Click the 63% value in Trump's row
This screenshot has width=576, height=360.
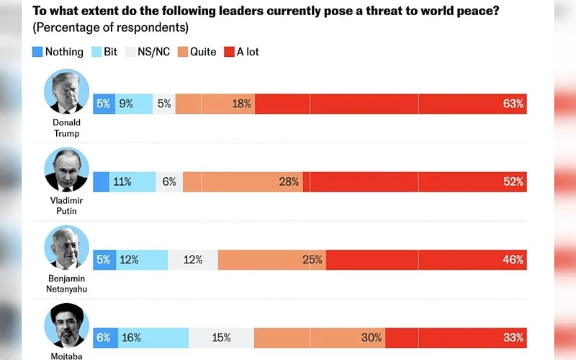tap(513, 104)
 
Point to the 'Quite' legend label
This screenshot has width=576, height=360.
tap(202, 52)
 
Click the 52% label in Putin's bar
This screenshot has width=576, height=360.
tap(513, 182)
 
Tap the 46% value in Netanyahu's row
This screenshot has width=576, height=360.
tap(513, 260)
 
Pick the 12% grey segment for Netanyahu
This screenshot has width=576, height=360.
tap(193, 260)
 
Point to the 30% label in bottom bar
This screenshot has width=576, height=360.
tap(372, 338)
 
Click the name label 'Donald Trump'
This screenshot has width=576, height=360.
tap(66, 127)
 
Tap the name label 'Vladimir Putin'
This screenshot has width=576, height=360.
tap(66, 206)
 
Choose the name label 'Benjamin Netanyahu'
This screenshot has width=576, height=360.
tap(66, 284)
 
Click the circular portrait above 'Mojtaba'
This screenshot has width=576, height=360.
tap(66, 325)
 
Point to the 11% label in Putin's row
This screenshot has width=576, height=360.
tap(122, 182)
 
